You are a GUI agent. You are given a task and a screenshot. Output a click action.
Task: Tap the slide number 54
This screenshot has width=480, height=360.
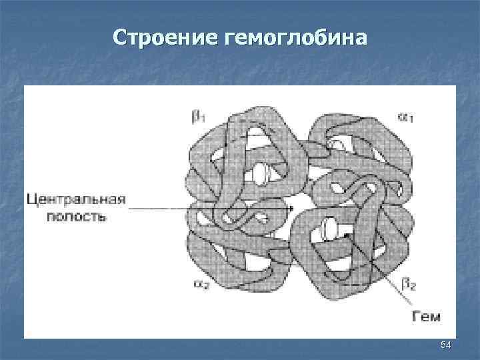[446, 344]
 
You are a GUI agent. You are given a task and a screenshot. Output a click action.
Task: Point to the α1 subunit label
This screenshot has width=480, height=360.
[405, 117]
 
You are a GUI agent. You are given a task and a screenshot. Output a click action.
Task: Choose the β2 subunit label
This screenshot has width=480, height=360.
[409, 285]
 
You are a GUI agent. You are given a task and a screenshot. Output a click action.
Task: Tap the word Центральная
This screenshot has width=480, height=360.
[76, 200]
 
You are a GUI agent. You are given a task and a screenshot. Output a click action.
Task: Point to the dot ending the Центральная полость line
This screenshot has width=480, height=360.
[291, 209]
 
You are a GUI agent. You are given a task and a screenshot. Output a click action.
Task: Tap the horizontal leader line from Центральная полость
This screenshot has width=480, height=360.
[200, 209]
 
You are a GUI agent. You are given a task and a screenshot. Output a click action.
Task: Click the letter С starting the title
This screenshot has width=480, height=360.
[120, 37]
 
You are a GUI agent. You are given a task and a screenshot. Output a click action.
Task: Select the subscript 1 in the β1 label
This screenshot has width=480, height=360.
[203, 119]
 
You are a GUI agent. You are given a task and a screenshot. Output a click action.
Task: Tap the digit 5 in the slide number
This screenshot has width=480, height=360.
[443, 344]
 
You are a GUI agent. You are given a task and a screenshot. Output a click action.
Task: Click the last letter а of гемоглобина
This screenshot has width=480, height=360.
[361, 38]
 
